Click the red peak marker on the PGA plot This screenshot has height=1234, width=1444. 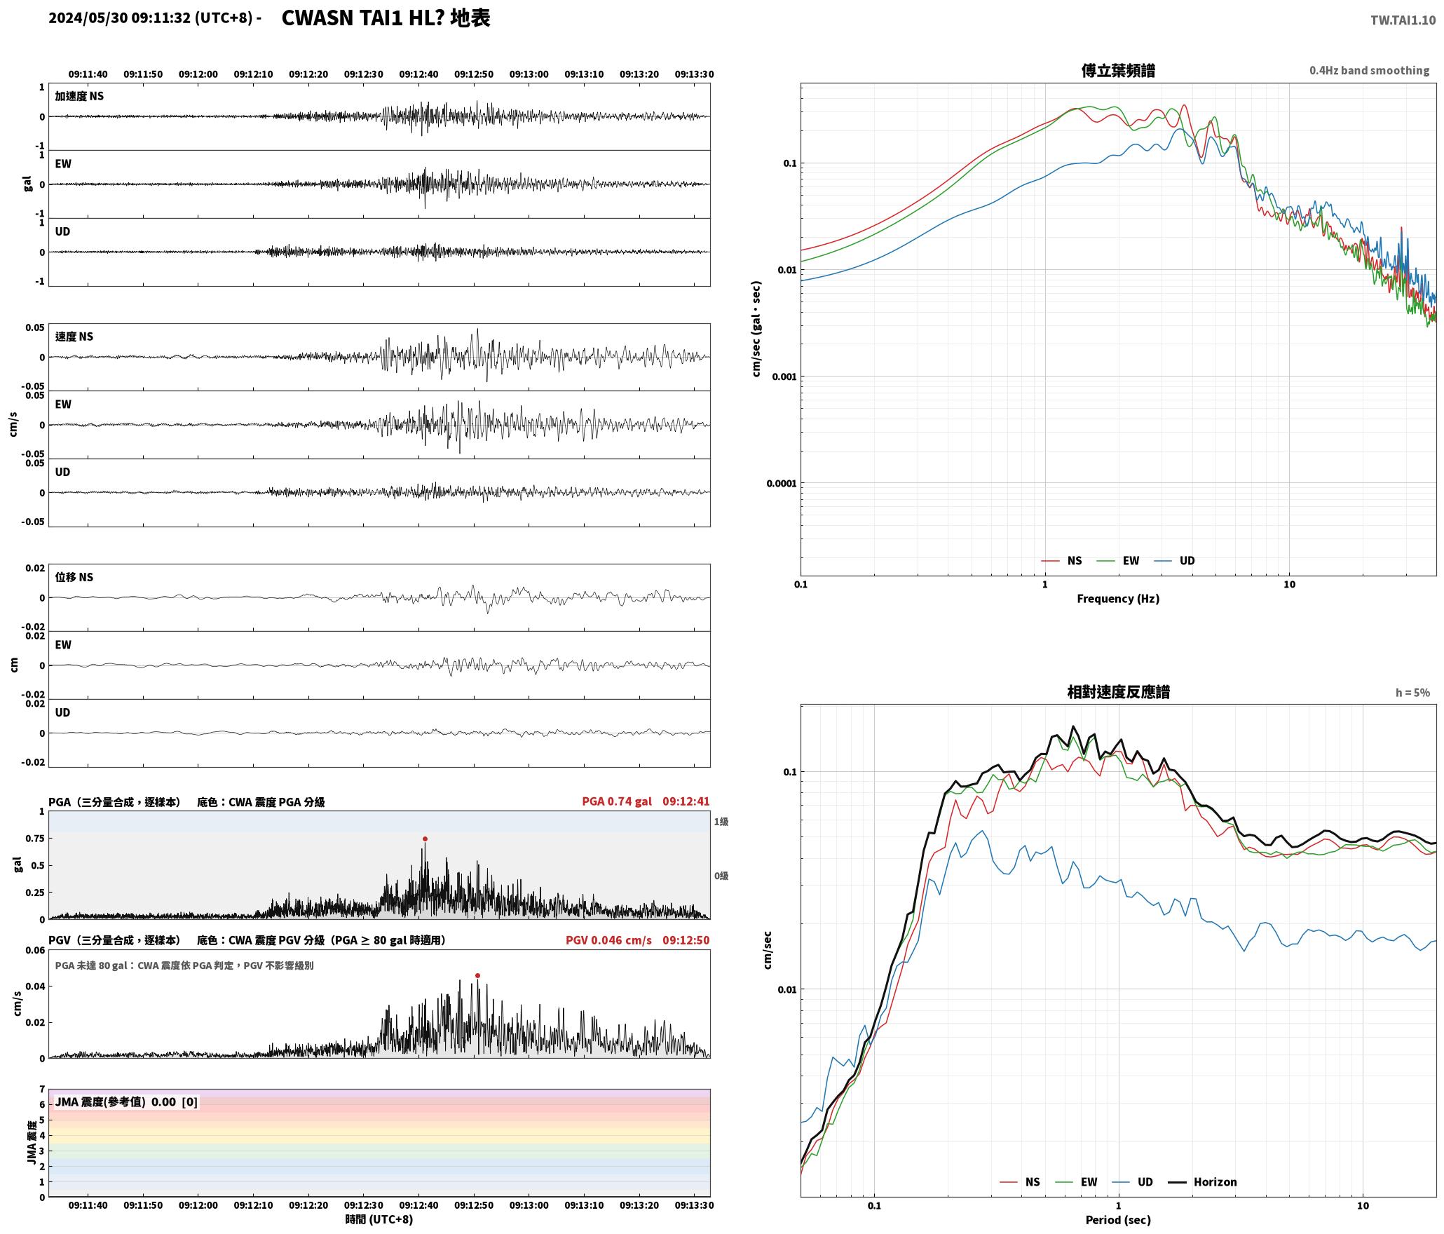click(425, 839)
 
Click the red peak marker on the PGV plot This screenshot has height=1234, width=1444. click(477, 975)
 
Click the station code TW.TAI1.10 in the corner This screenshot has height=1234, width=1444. click(1403, 20)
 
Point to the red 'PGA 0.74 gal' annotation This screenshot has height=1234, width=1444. click(617, 801)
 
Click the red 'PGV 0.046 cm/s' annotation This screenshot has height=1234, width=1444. click(608, 940)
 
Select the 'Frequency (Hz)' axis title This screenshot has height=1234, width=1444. click(1118, 599)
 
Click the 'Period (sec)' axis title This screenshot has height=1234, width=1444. click(1118, 1220)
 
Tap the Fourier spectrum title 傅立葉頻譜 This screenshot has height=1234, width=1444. click(1118, 71)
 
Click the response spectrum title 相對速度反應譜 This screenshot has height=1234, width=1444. click(1118, 692)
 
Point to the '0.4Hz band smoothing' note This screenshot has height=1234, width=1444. click(1369, 71)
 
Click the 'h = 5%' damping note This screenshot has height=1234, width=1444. click(1412, 693)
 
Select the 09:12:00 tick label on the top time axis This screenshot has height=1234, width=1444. click(198, 74)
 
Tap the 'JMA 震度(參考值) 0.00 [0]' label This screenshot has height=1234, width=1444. click(126, 1102)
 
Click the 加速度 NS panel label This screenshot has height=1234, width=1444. click(79, 96)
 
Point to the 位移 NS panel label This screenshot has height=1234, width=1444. click(74, 577)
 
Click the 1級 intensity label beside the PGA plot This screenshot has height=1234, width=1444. click(721, 822)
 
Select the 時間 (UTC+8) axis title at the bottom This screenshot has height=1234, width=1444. click(379, 1220)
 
